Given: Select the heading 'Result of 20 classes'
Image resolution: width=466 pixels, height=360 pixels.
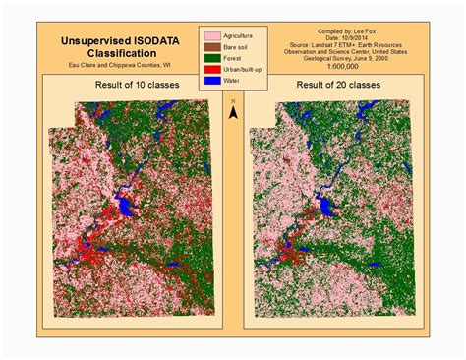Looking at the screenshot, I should click(x=331, y=90).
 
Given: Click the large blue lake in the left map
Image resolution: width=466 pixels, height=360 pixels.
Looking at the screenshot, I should click(x=125, y=209).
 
